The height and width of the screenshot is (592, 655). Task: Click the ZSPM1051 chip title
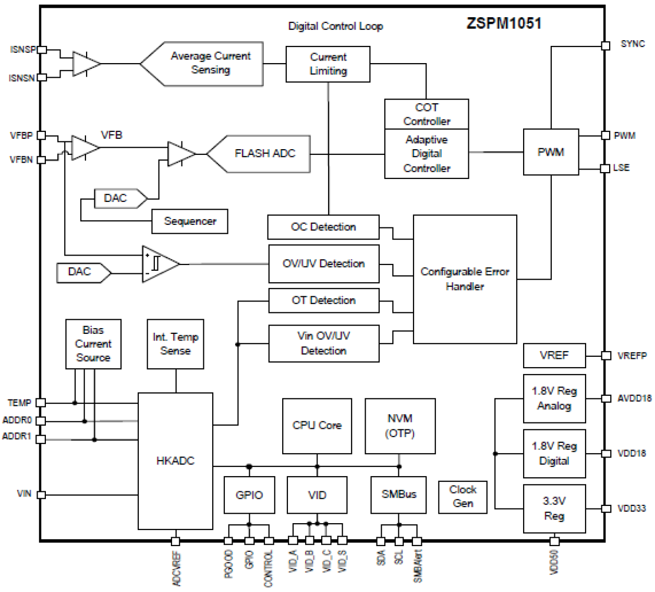click(x=504, y=23)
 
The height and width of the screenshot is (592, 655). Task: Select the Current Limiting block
click(x=328, y=64)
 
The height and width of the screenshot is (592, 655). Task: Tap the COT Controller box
click(x=426, y=114)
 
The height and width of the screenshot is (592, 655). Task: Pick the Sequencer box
click(x=190, y=221)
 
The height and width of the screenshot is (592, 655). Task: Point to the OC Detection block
click(x=323, y=227)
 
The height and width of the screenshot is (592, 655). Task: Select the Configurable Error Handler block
click(x=465, y=279)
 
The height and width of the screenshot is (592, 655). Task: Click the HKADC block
click(x=175, y=461)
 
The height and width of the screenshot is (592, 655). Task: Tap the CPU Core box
click(x=317, y=426)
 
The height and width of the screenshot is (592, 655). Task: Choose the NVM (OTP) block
click(x=400, y=426)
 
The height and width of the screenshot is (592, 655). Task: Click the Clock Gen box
click(x=463, y=497)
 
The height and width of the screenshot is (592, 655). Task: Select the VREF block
click(x=554, y=355)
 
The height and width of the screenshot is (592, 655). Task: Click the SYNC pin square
click(x=605, y=46)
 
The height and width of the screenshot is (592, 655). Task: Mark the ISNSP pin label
click(x=22, y=50)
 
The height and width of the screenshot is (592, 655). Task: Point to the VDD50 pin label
click(x=554, y=562)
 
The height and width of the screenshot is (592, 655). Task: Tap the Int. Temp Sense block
click(x=175, y=344)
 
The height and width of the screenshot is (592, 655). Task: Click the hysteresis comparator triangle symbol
click(x=160, y=264)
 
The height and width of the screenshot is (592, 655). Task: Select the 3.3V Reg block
click(x=554, y=509)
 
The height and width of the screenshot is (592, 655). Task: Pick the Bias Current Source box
click(x=93, y=344)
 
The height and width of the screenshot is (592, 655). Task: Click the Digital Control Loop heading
click(x=335, y=26)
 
